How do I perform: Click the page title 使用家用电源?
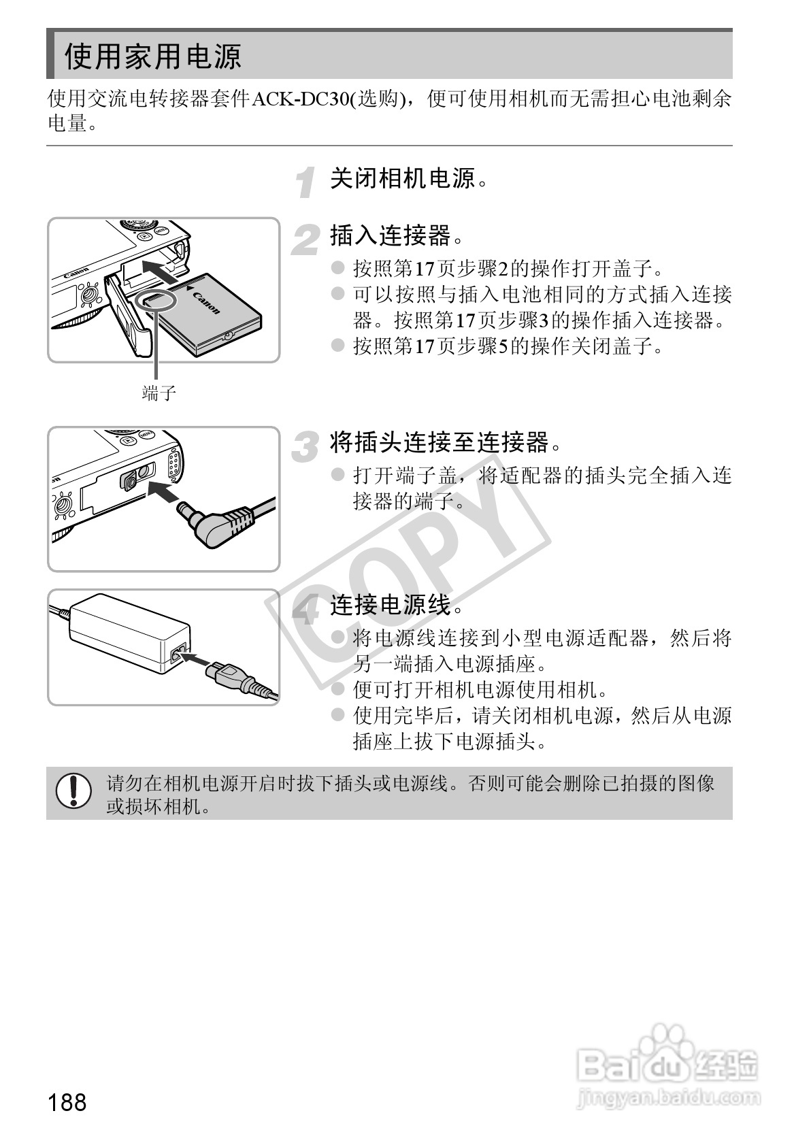(x=152, y=56)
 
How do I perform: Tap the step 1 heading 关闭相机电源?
(x=403, y=180)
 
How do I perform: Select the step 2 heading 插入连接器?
(x=391, y=236)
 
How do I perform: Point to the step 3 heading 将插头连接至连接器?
(x=440, y=443)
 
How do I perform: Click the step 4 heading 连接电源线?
(x=391, y=604)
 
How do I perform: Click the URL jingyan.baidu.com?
(x=666, y=1097)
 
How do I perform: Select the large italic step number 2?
(x=305, y=241)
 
